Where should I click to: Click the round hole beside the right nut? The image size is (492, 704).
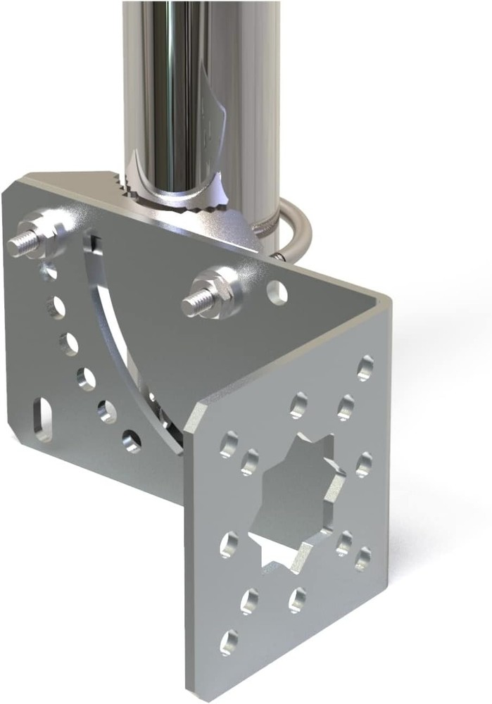point(277,290)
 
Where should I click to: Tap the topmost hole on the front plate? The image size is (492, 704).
point(365,367)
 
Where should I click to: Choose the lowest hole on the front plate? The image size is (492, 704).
point(228,642)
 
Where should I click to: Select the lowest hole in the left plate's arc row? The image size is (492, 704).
point(132,441)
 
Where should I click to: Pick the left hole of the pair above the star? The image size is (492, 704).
point(299,406)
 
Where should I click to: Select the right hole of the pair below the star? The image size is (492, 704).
point(296,599)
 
